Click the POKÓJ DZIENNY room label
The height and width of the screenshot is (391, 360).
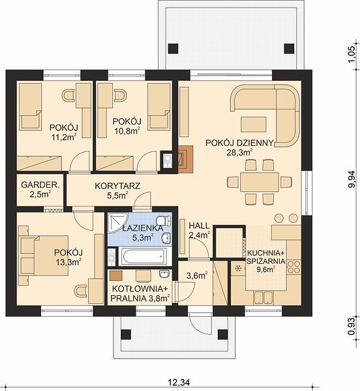click(x=239, y=143)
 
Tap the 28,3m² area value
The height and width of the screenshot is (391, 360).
click(x=239, y=152)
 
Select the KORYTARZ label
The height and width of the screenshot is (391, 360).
click(x=117, y=186)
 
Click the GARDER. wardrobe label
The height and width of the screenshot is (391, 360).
click(x=40, y=185)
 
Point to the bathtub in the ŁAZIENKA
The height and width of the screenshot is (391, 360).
click(x=143, y=256)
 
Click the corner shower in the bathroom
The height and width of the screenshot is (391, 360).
click(x=117, y=223)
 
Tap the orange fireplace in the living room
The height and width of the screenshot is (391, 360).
click(x=186, y=160)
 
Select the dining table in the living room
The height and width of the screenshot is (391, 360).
click(x=260, y=182)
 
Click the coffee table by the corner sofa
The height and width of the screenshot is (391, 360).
click(x=253, y=124)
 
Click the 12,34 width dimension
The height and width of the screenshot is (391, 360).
click(x=179, y=382)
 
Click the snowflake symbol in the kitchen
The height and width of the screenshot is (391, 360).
click(x=239, y=268)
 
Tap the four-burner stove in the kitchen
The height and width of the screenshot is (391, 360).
click(x=294, y=267)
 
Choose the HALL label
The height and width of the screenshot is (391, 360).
click(x=199, y=225)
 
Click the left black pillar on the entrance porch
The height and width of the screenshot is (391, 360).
click(x=126, y=334)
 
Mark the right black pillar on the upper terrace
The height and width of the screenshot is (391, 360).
click(x=289, y=49)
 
